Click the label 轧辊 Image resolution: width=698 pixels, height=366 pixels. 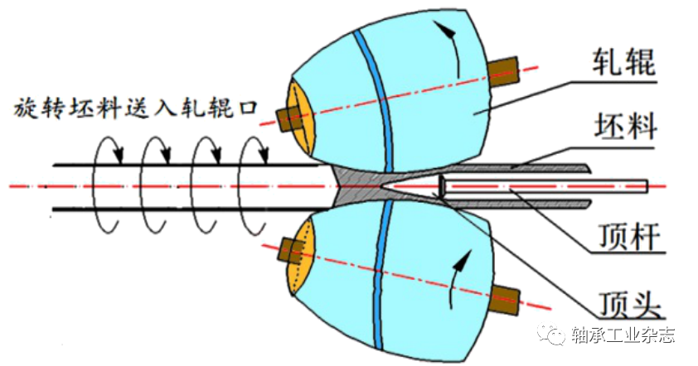coord(623,62)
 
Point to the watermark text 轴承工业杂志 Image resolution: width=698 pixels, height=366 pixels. coord(623,335)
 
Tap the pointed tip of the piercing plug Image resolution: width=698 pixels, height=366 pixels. coord(385,185)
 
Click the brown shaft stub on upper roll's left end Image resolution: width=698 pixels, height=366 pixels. coord(289,119)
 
